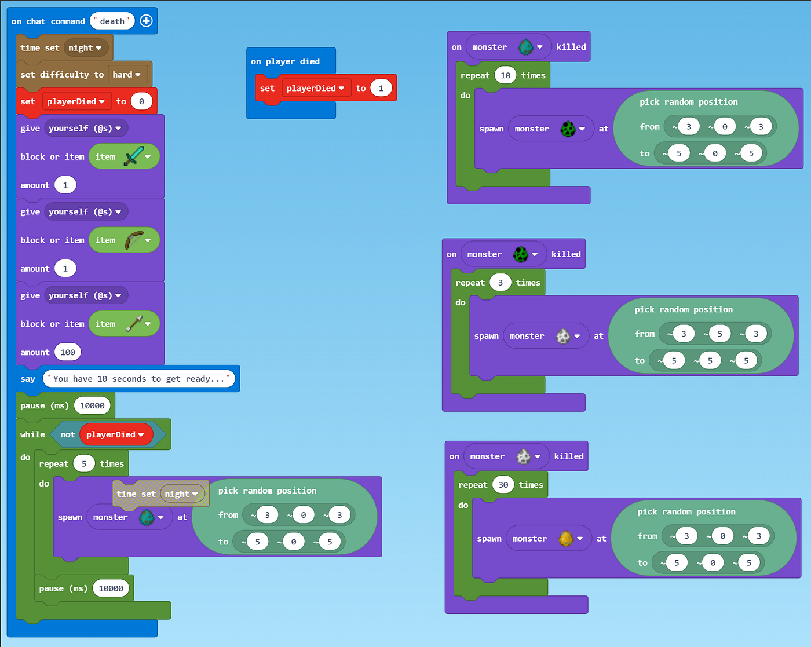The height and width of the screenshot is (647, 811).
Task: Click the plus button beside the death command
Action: coord(147,21)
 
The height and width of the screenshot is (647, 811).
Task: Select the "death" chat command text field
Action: coord(112,21)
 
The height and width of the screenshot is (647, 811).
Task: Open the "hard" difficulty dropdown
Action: coord(127,75)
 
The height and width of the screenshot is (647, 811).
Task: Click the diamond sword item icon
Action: coord(133,156)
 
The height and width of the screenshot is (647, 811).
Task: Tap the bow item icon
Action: coord(133,240)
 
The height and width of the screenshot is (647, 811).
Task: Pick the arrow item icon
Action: coord(133,324)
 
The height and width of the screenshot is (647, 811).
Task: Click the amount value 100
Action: coord(68,352)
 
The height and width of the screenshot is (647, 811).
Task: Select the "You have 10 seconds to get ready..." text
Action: coord(138,379)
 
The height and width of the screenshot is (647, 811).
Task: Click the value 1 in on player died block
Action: coord(381,89)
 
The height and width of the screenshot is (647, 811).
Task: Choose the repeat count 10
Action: coord(505,75)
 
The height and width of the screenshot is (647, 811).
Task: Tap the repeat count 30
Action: coord(503,485)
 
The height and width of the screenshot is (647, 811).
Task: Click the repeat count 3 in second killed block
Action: coord(501,283)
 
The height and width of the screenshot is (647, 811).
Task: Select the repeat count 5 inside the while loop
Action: coord(84,464)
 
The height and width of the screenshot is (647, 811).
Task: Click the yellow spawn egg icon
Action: coord(565,539)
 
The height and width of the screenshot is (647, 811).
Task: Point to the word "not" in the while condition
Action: coord(68,434)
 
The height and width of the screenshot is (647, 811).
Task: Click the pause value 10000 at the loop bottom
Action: coord(111,588)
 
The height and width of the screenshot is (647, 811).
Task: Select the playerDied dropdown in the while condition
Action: coord(115,434)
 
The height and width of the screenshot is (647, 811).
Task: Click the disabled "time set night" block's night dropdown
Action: coord(181,494)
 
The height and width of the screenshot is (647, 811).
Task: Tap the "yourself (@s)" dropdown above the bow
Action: coord(85,212)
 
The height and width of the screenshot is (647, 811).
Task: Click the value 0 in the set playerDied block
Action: coord(141,101)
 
